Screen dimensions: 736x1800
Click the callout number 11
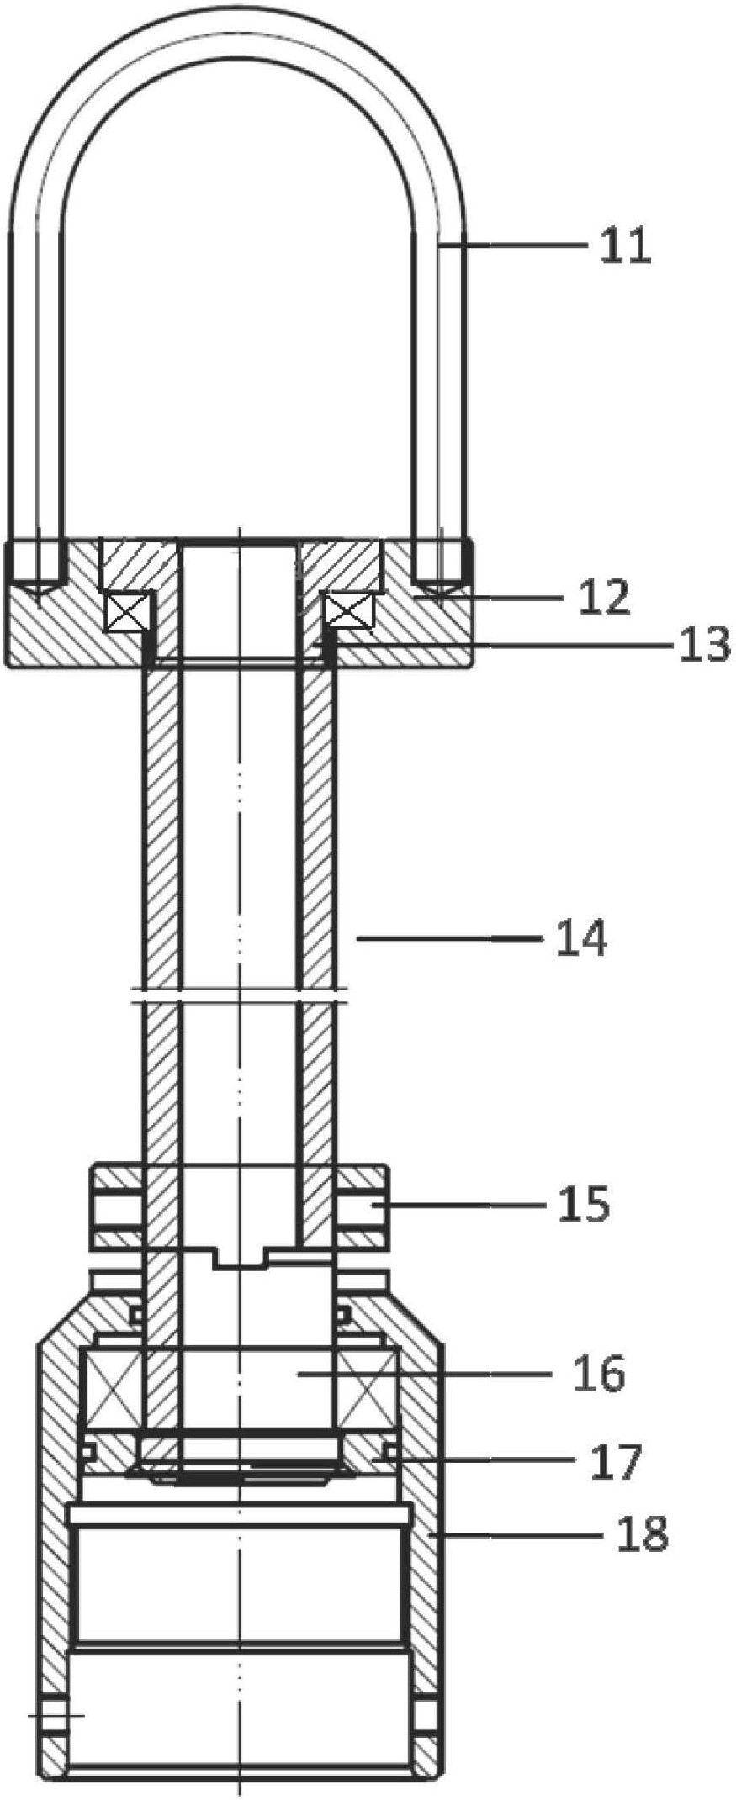coord(625,246)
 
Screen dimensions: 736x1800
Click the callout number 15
coord(584,1205)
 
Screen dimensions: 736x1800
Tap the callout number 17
coord(616,1462)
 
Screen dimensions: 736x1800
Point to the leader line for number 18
coord(515,1534)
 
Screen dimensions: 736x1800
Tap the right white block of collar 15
coord(361,1206)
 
